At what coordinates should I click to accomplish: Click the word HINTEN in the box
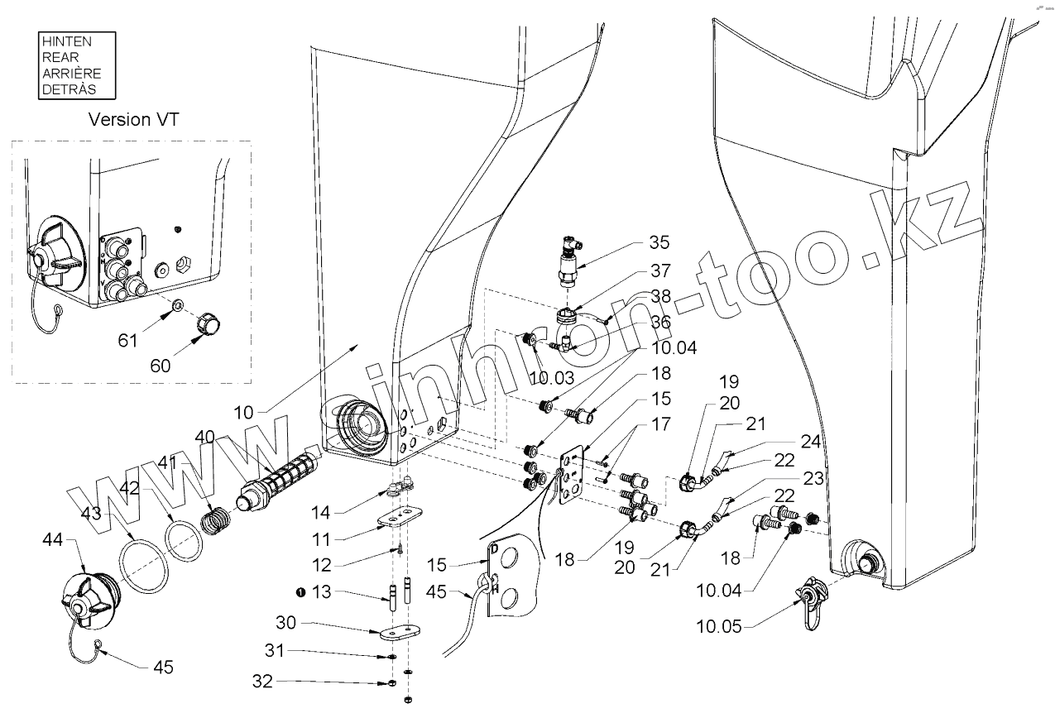click(67, 41)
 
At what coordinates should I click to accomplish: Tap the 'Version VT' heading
click(134, 119)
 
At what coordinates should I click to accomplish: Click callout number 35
click(659, 242)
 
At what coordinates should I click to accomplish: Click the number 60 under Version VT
click(161, 365)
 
